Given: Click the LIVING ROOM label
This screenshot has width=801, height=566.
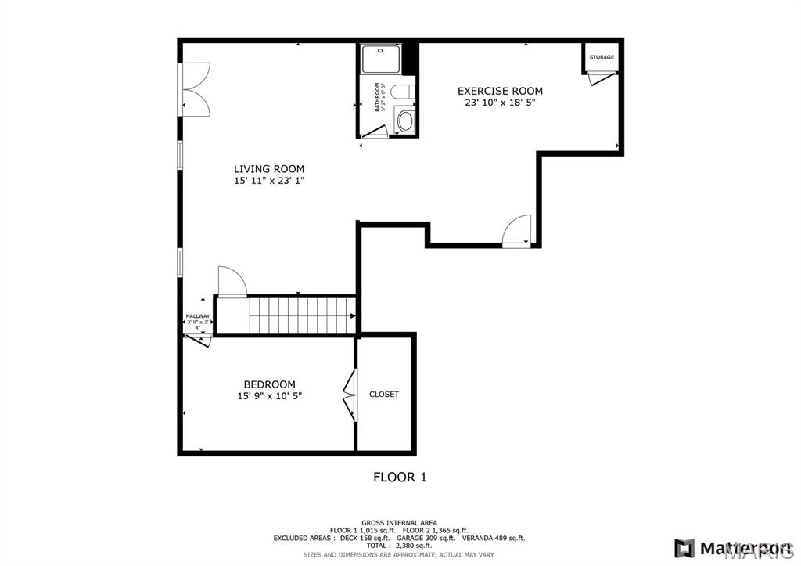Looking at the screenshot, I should click(x=268, y=168).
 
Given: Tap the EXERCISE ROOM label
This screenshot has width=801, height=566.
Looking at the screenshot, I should click(x=500, y=91).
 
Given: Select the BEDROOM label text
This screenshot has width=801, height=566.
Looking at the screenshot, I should click(x=269, y=384).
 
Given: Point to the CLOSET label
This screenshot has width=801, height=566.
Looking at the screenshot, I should click(x=384, y=395).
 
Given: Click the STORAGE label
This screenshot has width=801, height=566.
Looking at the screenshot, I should click(x=602, y=57).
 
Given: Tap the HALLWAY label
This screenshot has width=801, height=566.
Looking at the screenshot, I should click(x=198, y=316).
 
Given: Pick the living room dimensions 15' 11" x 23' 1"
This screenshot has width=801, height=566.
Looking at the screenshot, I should click(x=268, y=181).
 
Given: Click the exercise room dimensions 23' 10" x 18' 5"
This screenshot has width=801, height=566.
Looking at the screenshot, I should click(x=500, y=103).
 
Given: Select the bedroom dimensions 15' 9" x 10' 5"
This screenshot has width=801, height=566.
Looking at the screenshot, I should click(x=269, y=396).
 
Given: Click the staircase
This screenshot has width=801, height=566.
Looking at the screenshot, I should click(x=301, y=315).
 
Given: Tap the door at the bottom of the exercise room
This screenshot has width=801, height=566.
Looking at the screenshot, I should click(x=517, y=233).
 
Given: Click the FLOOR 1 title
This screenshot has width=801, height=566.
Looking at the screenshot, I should click(x=400, y=477).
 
